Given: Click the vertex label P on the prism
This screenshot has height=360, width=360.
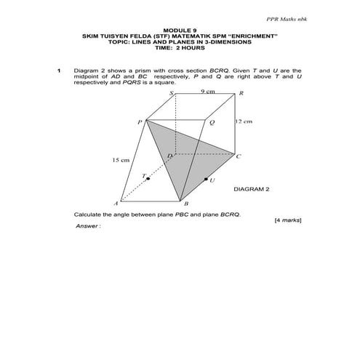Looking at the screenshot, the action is click(140, 124).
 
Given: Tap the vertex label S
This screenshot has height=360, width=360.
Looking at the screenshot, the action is click(172, 94).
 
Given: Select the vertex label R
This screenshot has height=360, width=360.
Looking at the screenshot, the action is click(241, 94).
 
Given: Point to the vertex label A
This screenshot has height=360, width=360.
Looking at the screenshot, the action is click(116, 203).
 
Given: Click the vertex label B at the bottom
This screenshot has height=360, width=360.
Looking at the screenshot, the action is click(186, 205).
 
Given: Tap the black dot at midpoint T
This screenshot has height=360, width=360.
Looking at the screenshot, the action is click(148, 178).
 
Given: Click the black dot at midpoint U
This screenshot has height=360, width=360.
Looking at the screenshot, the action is click(206, 178).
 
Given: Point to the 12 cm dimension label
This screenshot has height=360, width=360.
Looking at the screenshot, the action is click(243, 122).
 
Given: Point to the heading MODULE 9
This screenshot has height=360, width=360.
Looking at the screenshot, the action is click(179, 30).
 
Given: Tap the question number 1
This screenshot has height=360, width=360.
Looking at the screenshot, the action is click(58, 71).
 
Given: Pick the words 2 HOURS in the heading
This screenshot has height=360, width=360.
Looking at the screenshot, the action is click(191, 47).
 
